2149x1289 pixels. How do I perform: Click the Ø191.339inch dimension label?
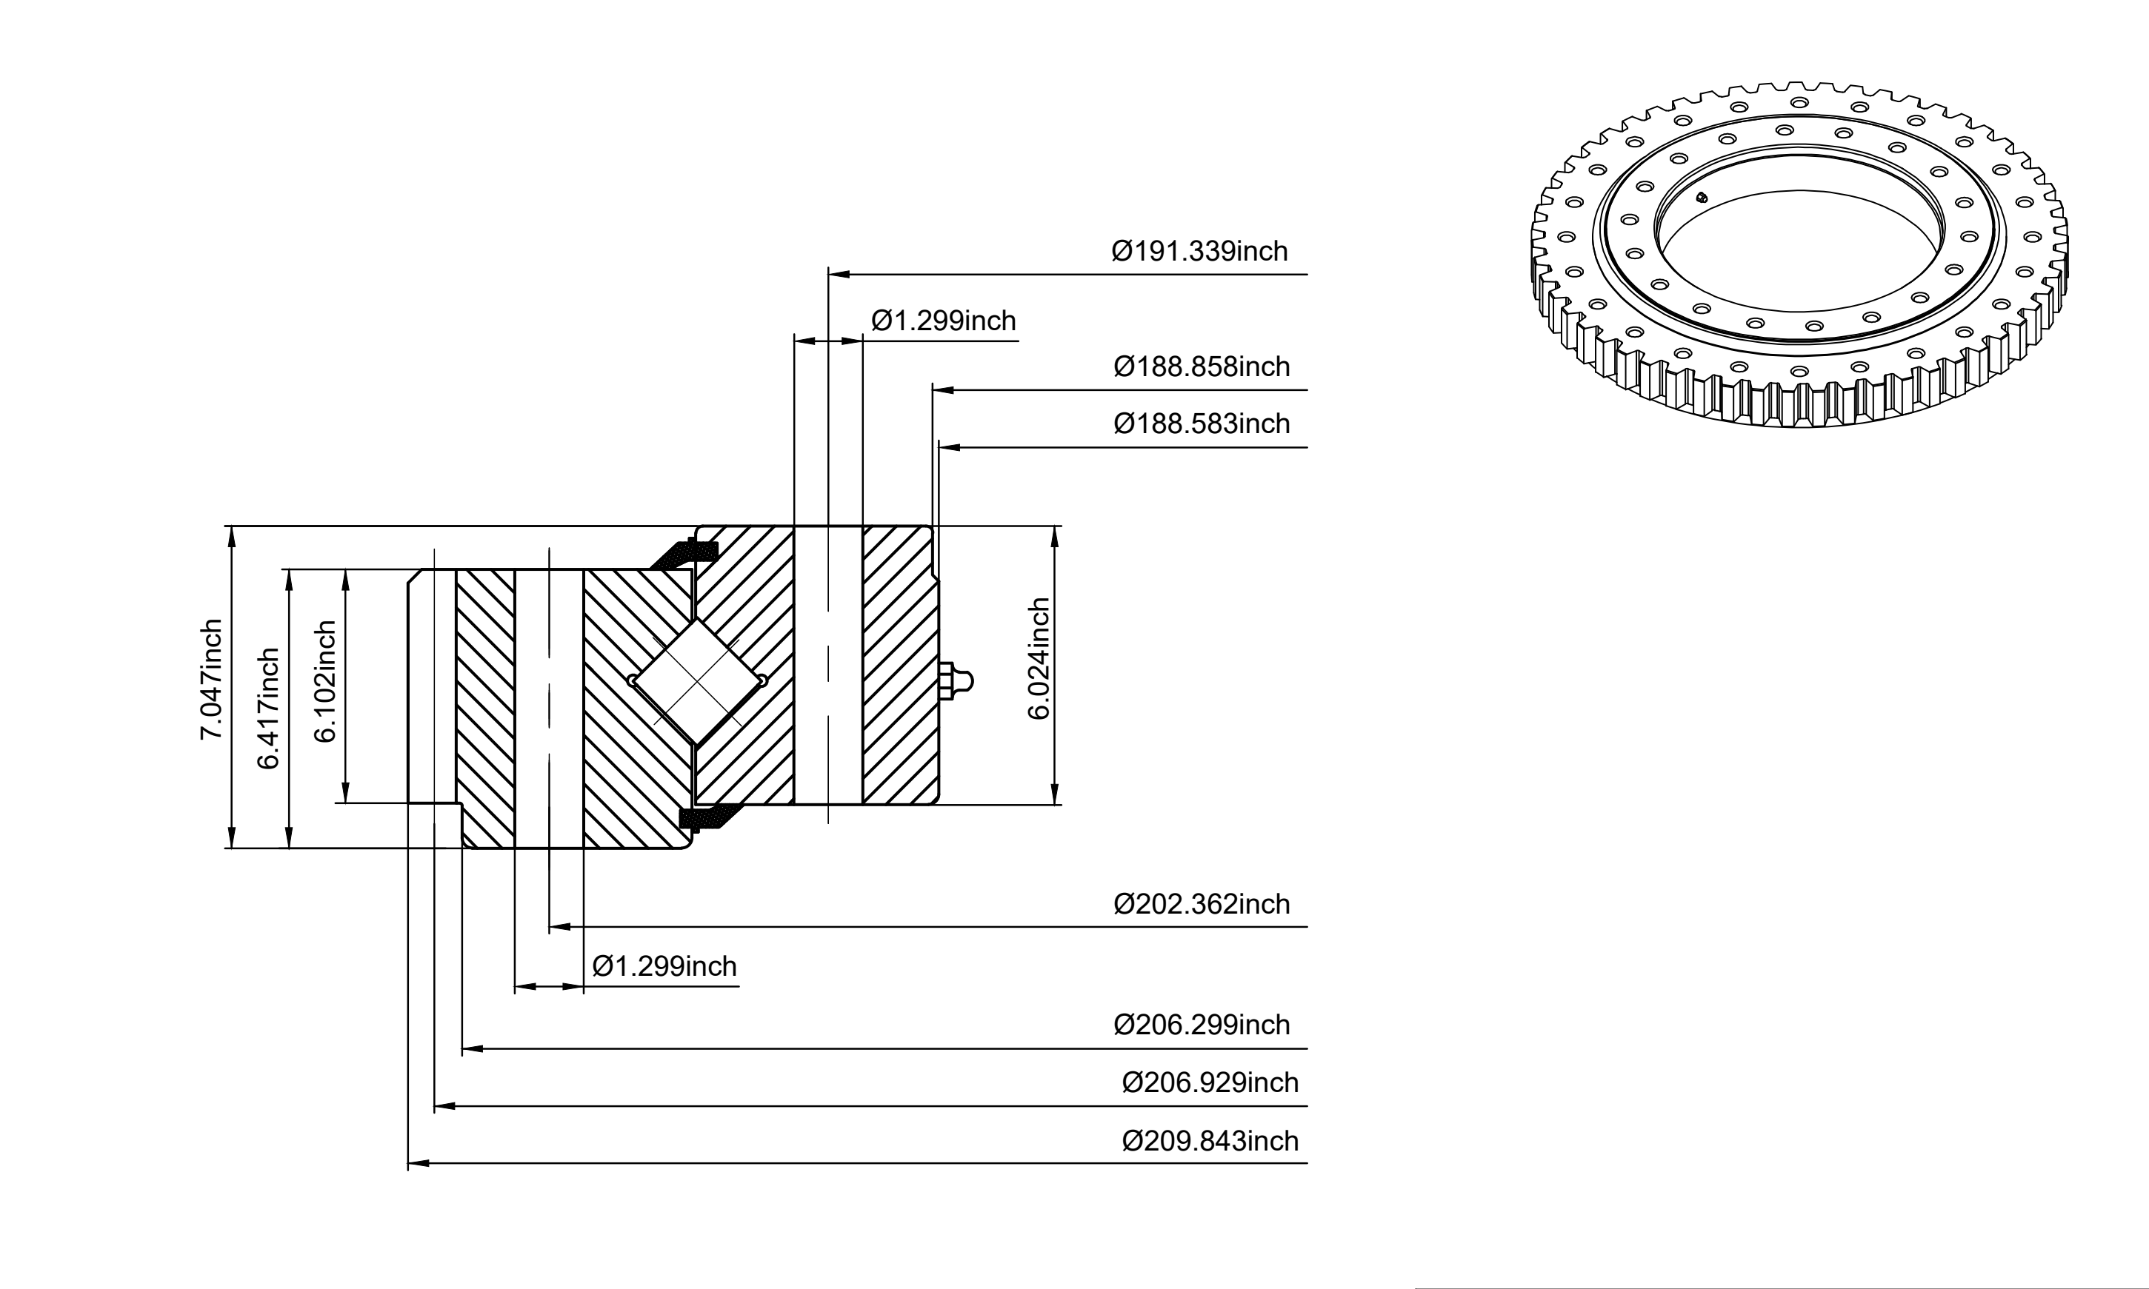[1199, 251]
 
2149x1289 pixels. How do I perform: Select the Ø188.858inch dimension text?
[1202, 366]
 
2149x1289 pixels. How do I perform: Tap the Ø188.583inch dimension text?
[1202, 424]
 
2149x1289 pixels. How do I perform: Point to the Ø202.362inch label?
[1202, 904]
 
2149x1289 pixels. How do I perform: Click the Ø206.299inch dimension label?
[1202, 1025]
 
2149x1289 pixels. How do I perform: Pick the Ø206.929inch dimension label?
[1210, 1083]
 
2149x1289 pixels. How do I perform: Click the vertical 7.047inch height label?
[211, 679]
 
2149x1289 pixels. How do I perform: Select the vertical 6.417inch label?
[267, 709]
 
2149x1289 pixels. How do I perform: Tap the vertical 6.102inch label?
[324, 681]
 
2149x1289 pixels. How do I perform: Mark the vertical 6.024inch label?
[1039, 658]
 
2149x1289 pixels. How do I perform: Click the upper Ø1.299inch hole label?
[944, 321]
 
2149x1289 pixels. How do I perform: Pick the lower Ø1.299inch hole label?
[664, 966]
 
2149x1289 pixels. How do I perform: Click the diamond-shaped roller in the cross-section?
[698, 682]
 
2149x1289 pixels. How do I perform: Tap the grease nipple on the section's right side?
[956, 681]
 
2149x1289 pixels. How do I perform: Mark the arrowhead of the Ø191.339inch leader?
[839, 275]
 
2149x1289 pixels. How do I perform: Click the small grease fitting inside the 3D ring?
[1702, 197]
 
